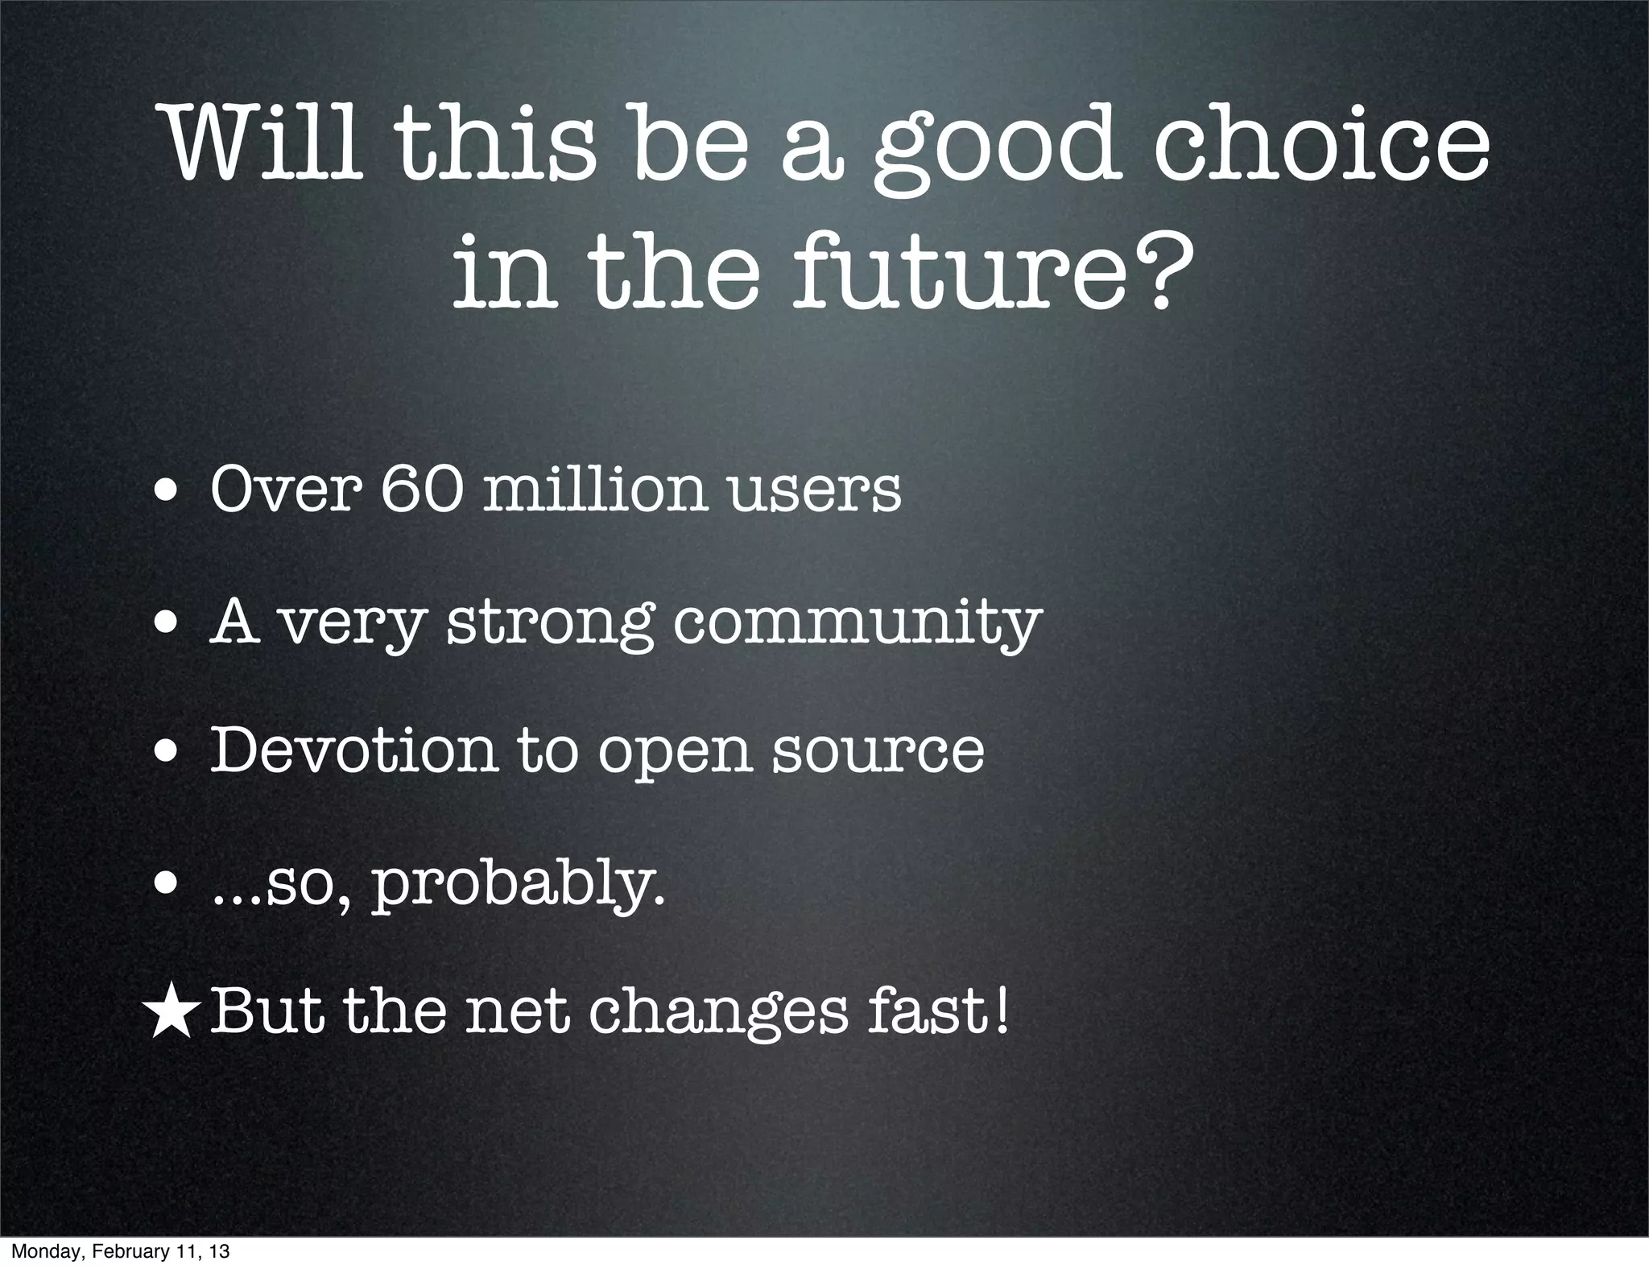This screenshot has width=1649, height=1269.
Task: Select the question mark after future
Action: pos(1146,270)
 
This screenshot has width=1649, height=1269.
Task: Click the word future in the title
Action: pos(951,270)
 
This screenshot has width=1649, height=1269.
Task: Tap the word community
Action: pos(856,624)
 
